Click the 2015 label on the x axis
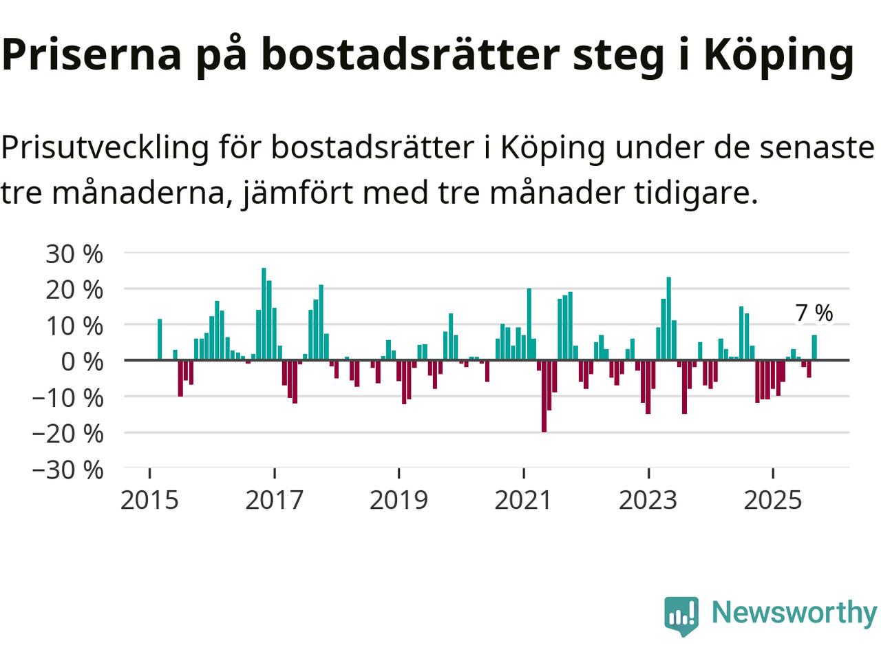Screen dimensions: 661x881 click(x=149, y=500)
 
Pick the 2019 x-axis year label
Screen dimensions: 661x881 click(x=399, y=500)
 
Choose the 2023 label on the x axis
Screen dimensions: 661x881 click(x=648, y=500)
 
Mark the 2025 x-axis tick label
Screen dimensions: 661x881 click(x=773, y=500)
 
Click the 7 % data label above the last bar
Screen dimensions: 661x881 click(x=814, y=313)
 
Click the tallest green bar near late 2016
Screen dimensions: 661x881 click(x=264, y=314)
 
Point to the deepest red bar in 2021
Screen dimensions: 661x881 click(x=544, y=396)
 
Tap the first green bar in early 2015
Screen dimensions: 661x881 click(x=160, y=339)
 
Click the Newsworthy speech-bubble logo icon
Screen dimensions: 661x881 click(x=681, y=615)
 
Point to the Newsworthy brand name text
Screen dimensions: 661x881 click(x=794, y=612)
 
